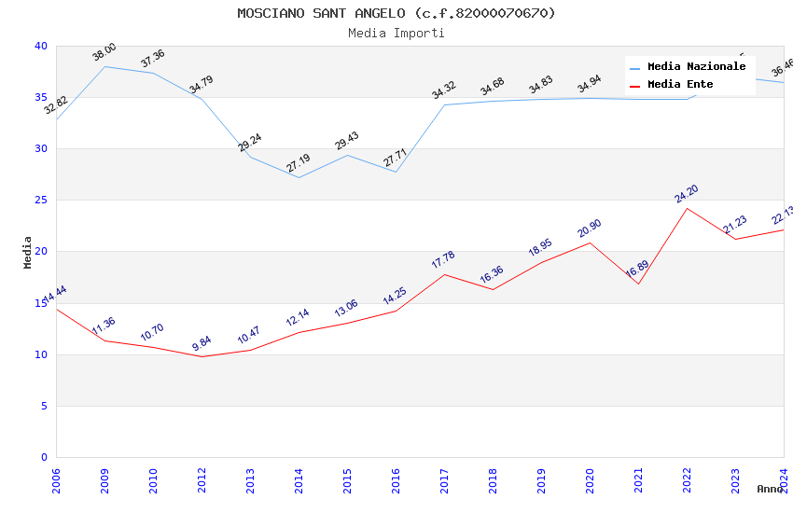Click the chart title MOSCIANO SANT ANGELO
point(396,13)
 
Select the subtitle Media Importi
point(396,34)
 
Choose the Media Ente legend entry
point(679,85)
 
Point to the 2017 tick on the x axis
point(444,475)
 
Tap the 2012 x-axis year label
point(202,475)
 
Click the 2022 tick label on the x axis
point(687,475)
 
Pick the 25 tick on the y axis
point(41,201)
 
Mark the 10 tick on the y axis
point(41,354)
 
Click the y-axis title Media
point(28,252)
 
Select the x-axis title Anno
point(770,489)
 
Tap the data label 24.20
point(687,194)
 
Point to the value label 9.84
point(202,343)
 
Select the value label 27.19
point(299,163)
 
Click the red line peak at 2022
point(687,208)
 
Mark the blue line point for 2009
point(104,66)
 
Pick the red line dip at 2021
point(638,284)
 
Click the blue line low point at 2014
point(299,177)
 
